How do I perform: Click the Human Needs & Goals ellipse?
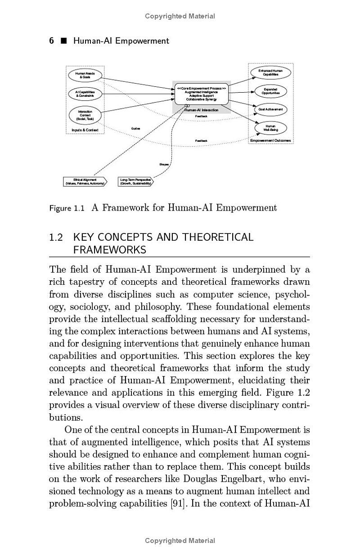pyautogui.click(x=85, y=75)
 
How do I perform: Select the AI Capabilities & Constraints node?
pyautogui.click(x=85, y=94)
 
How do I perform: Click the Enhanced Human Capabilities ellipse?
pyautogui.click(x=270, y=72)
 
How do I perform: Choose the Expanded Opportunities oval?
pyautogui.click(x=270, y=91)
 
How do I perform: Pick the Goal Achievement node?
pyautogui.click(x=270, y=109)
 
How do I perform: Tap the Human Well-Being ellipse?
pyautogui.click(x=270, y=128)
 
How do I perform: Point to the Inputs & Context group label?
pyautogui.click(x=85, y=130)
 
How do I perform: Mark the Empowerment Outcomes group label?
pyautogui.click(x=270, y=140)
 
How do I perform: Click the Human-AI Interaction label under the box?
pyautogui.click(x=202, y=110)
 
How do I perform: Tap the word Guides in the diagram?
pyautogui.click(x=135, y=129)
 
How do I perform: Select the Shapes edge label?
pyautogui.click(x=164, y=164)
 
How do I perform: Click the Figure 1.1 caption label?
pyautogui.click(x=67, y=208)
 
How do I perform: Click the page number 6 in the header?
pyautogui.click(x=51, y=41)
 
